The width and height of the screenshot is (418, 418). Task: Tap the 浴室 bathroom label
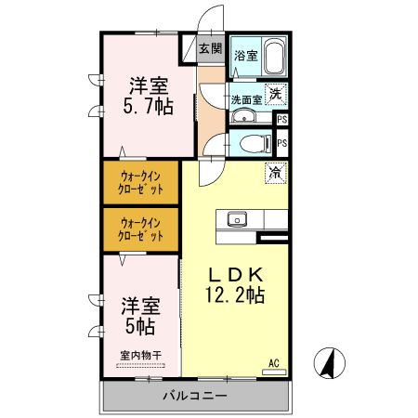tap(245, 56)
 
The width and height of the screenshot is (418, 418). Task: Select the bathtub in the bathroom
tap(274, 59)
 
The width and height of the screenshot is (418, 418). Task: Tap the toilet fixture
tap(255, 143)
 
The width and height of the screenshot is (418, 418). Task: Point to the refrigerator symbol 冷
tap(275, 173)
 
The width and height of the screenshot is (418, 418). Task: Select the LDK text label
tap(236, 275)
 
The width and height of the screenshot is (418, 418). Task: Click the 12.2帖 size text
tap(236, 296)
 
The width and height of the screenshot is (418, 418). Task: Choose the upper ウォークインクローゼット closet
tap(140, 182)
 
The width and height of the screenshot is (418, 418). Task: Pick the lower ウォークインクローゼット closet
tap(140, 229)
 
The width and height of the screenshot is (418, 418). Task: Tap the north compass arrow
tap(328, 362)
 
